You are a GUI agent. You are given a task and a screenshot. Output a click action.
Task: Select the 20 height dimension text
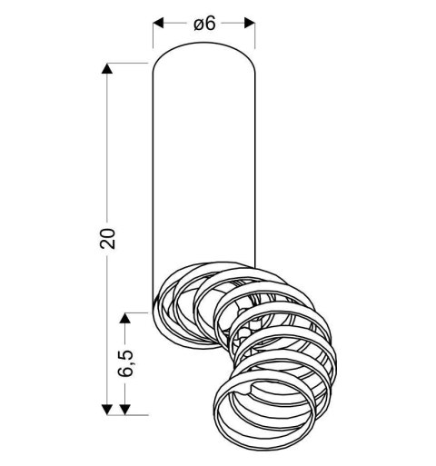point(108,238)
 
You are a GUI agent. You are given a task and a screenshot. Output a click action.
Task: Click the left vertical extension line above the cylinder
point(152,36)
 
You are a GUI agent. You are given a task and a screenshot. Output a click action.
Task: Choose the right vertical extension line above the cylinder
point(254,36)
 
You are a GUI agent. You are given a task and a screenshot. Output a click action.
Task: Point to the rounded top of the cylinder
point(203,45)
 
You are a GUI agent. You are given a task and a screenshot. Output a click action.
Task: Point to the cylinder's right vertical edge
point(254,164)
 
